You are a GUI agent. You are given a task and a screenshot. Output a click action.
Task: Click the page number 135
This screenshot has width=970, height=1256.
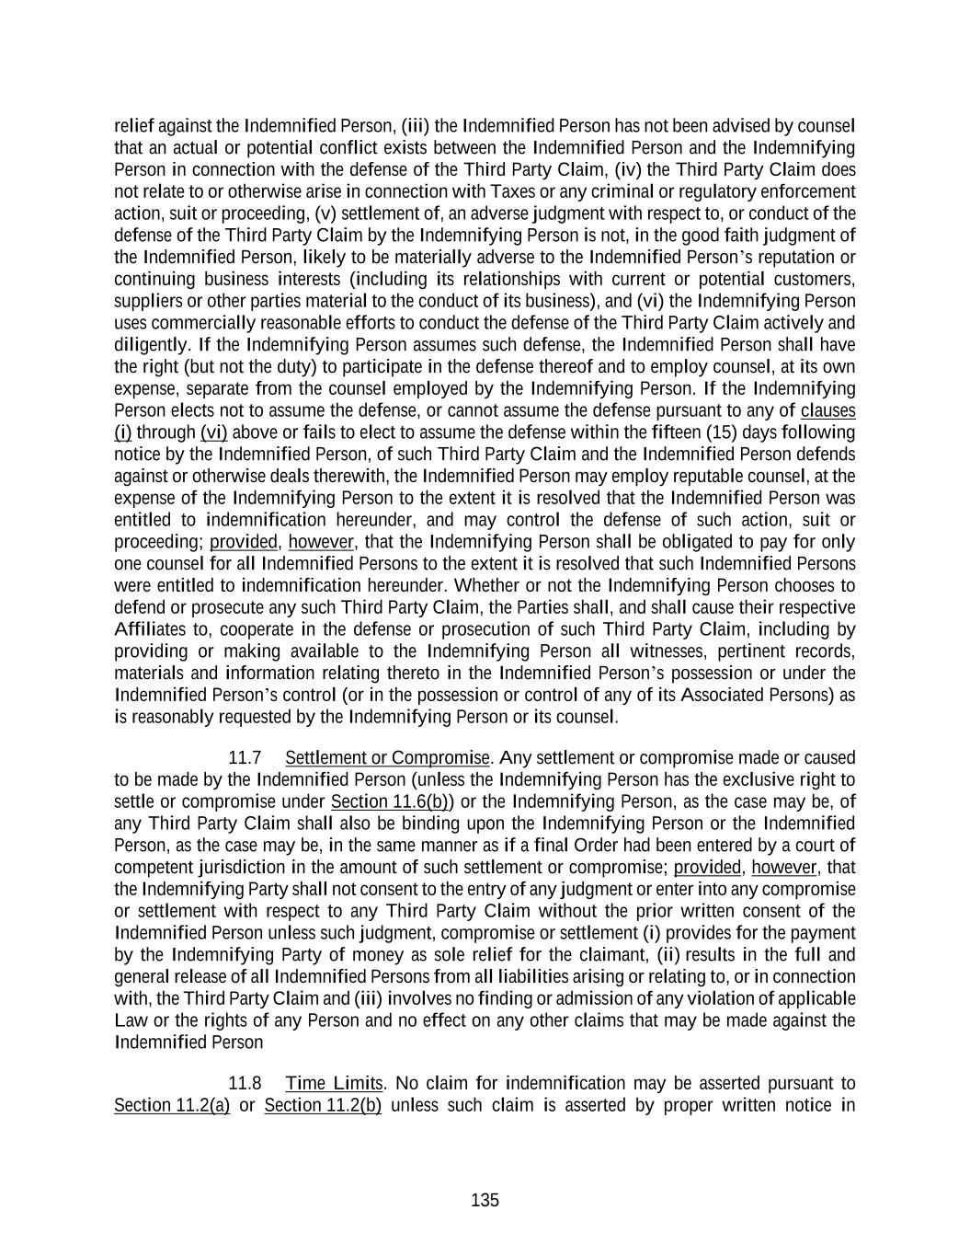coord(485,1200)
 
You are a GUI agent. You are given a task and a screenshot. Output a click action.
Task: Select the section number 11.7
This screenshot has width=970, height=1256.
coord(244,758)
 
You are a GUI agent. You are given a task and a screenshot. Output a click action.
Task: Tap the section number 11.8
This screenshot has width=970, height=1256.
coord(244,1083)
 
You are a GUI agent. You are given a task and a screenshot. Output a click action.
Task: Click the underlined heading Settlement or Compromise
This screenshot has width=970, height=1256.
coord(387,758)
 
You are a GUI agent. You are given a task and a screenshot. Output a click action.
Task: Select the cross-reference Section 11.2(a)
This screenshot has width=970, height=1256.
coord(172,1105)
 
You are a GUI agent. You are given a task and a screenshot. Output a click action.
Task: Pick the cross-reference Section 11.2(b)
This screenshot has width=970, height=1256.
coord(323,1105)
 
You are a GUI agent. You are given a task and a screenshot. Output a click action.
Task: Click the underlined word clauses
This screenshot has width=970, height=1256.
coord(827,410)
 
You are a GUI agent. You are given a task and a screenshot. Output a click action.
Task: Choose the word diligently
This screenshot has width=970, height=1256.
coord(152,345)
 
